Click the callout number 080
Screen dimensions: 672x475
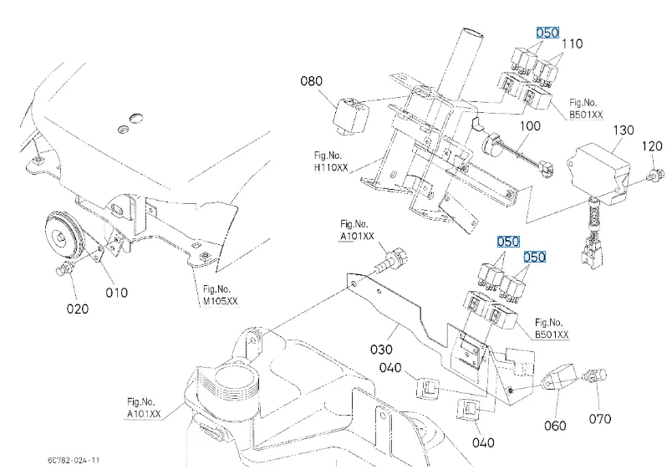click(x=311, y=81)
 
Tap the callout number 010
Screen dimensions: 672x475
click(x=116, y=293)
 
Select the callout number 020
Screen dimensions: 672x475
click(x=78, y=309)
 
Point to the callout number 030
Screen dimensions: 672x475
click(x=381, y=350)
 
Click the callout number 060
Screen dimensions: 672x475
click(x=555, y=426)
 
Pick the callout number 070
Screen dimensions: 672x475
click(x=599, y=419)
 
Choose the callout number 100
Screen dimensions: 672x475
click(x=530, y=126)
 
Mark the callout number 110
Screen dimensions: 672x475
click(x=573, y=43)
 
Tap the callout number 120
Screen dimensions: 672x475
click(x=652, y=146)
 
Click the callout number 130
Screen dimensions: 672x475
click(x=624, y=130)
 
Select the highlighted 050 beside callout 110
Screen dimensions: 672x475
click(x=547, y=33)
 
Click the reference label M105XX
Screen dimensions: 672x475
click(x=221, y=301)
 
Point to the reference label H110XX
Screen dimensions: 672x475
click(x=331, y=167)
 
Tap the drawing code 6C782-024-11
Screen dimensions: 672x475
click(x=74, y=461)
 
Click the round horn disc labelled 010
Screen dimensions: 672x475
click(x=63, y=237)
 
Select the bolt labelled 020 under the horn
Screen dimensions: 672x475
click(x=64, y=268)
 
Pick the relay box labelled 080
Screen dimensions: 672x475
click(x=350, y=115)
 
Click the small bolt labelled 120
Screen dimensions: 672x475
click(x=656, y=175)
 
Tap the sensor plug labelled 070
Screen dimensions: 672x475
click(x=595, y=375)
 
